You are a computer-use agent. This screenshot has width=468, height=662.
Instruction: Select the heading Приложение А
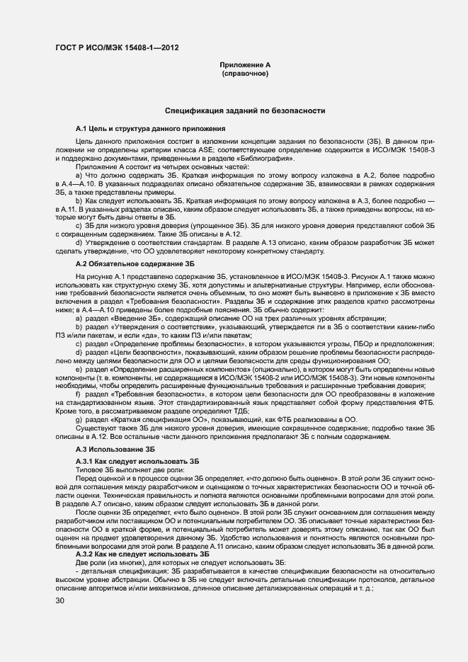click(245, 65)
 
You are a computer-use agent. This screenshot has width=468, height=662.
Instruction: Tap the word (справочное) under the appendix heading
click(245, 74)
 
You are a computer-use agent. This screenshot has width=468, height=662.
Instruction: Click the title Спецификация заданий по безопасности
click(245, 111)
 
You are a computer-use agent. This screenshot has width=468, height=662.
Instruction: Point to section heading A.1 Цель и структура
click(150, 129)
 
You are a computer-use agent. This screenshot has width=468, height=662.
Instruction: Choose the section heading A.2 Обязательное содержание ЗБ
click(135, 263)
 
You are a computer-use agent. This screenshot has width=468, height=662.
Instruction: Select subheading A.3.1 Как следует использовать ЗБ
click(137, 462)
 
